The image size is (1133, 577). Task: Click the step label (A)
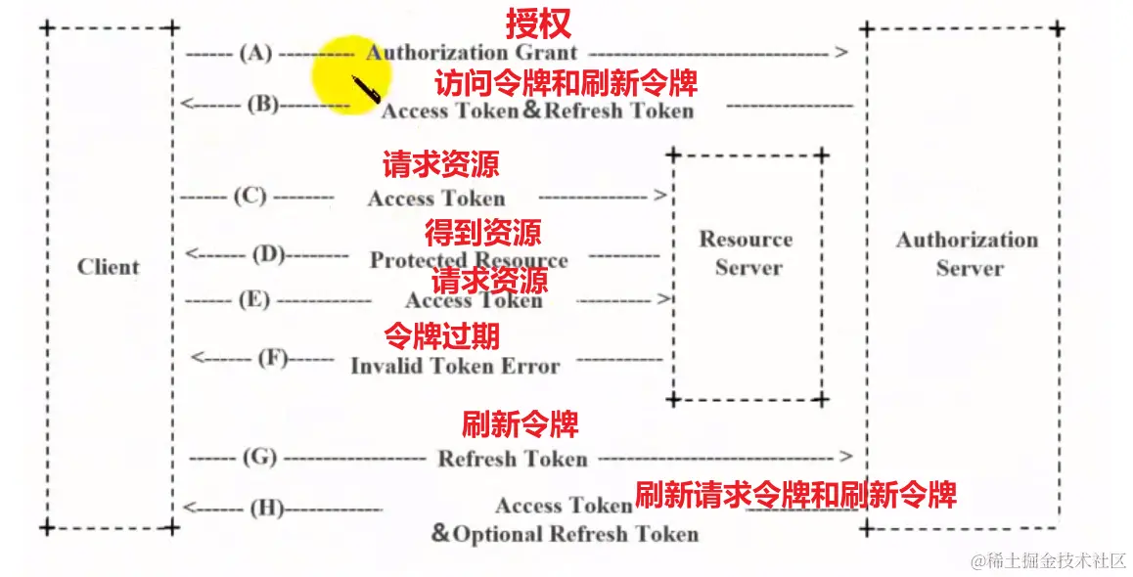point(255,54)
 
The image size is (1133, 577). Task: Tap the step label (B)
point(262,103)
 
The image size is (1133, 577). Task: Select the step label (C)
point(249,197)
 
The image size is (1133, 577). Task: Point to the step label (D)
point(268,255)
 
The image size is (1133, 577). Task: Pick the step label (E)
point(254,299)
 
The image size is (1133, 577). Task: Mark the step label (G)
point(259,457)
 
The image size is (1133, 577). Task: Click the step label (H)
point(267,508)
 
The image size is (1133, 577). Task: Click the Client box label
point(109,267)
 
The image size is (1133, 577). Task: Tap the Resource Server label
point(747,253)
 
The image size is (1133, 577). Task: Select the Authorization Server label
point(967,253)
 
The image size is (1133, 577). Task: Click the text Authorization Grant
point(472,53)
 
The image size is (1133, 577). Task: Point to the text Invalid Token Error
point(455,367)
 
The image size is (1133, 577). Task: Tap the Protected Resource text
point(469,260)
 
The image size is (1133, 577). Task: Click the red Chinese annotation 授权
point(537,23)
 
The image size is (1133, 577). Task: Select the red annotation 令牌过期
point(441,336)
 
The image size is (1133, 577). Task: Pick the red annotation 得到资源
point(482,233)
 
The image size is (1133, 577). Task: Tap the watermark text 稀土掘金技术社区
point(1048,560)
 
